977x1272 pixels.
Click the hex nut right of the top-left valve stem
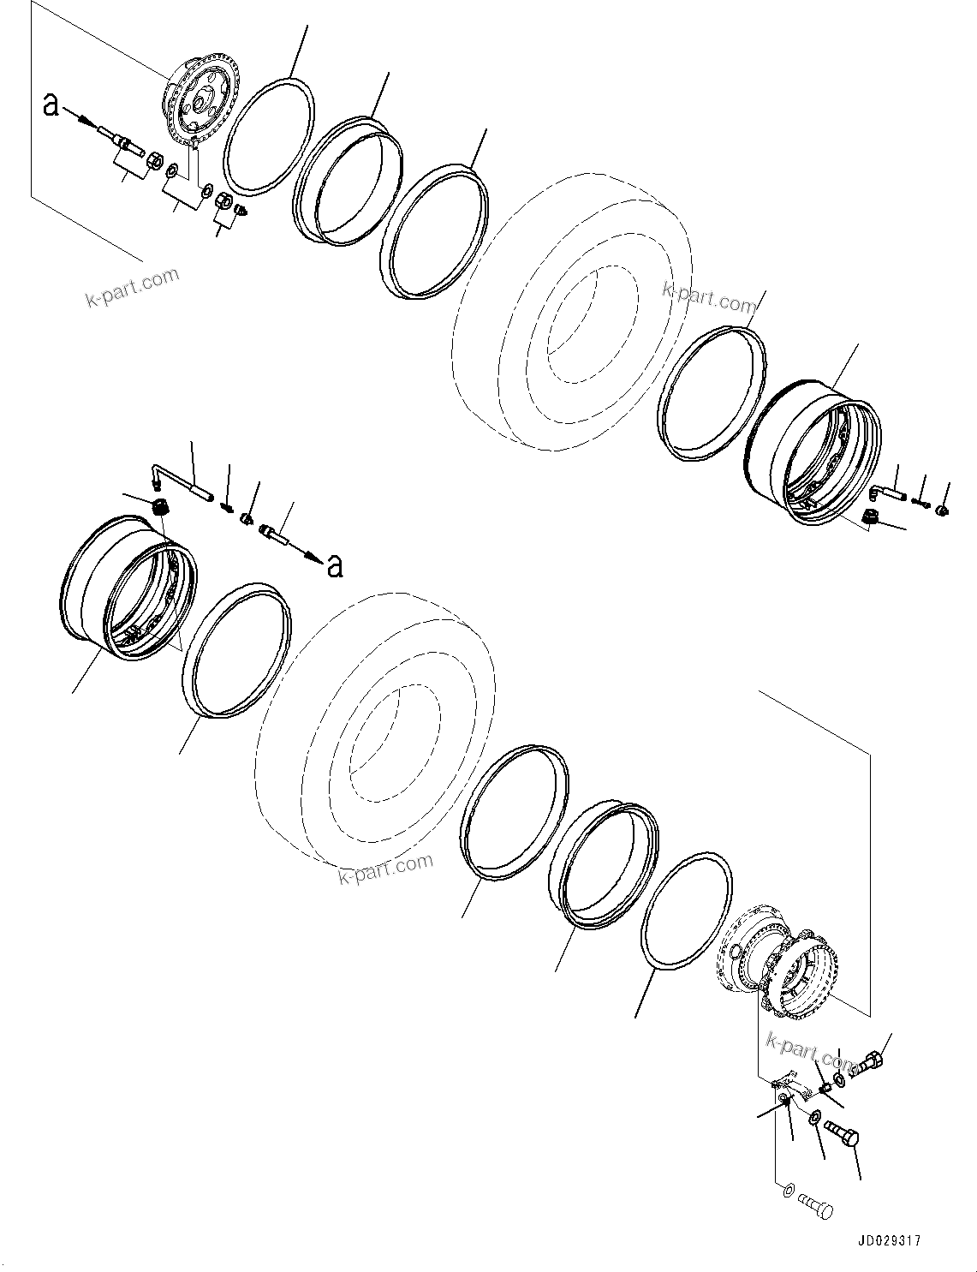[x=155, y=159]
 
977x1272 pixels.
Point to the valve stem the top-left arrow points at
[x=120, y=139]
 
